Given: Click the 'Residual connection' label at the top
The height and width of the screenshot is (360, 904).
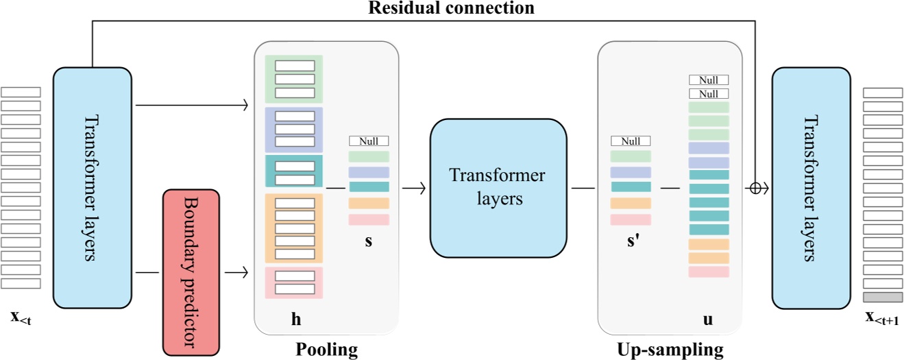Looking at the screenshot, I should [450, 8].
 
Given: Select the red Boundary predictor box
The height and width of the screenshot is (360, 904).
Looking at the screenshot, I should [191, 272].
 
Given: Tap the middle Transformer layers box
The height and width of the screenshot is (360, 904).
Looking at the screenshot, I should [498, 188].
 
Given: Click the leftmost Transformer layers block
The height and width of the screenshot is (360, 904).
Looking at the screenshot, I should [92, 187].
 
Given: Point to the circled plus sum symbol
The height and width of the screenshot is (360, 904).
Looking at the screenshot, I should [755, 188].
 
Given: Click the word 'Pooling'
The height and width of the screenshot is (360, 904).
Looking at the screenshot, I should [326, 350].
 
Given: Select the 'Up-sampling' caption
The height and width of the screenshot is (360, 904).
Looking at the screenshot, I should [670, 350].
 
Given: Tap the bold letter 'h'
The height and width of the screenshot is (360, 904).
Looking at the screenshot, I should [296, 319].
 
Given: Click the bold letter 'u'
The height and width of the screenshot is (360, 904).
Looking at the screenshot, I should [708, 319].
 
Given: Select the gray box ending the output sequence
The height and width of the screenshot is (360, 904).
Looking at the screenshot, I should [883, 297].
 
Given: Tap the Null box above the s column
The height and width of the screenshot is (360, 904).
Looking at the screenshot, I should [369, 141].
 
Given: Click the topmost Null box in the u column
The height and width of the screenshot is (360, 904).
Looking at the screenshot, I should [709, 80].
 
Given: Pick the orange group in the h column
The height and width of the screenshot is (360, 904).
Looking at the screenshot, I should [294, 228].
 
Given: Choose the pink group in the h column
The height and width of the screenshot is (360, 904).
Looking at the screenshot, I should [294, 283].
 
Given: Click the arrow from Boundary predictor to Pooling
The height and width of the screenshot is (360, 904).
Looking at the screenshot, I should [236, 272].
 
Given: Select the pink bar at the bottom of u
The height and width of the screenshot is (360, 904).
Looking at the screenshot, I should [709, 272].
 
